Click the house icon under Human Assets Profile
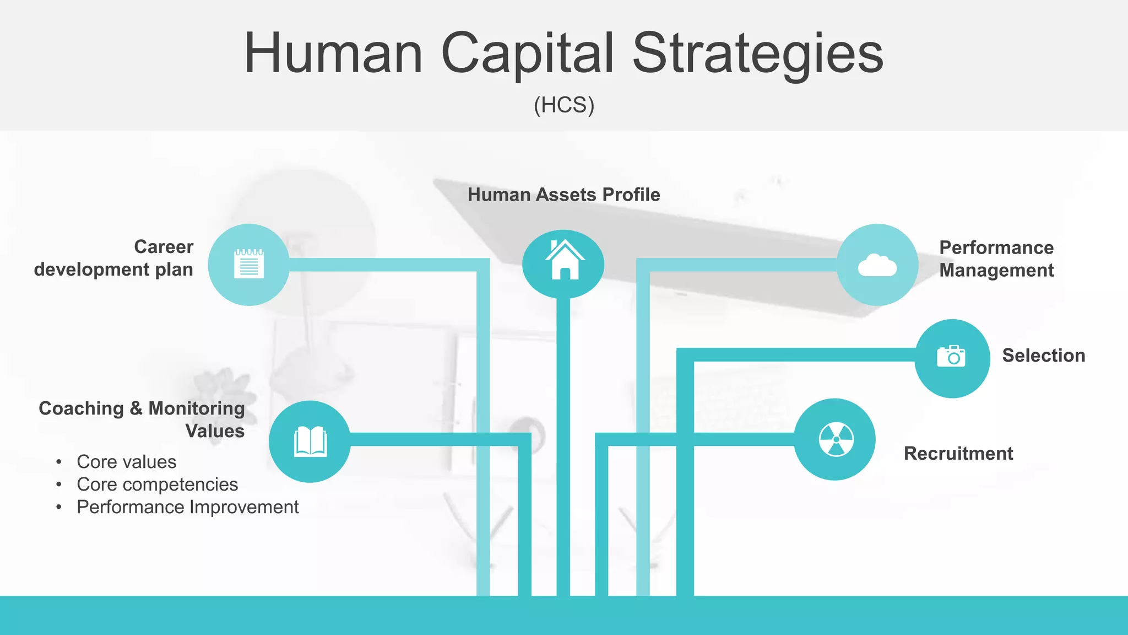coord(563,261)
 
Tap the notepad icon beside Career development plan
coord(249,263)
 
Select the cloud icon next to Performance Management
coord(877,265)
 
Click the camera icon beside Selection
coord(951,357)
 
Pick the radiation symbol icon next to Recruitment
coord(836,439)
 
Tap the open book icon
coord(310,442)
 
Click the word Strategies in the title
coord(757,53)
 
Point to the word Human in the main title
coord(334,53)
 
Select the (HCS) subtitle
coord(564,105)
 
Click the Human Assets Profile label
coord(563,195)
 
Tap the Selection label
coord(1043,356)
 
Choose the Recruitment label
coord(958,453)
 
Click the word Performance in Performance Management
coord(996,247)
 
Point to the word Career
coord(164,246)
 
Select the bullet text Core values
coord(126,462)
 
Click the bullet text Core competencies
coord(157,485)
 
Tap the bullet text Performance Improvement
coord(187,507)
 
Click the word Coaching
coord(81,408)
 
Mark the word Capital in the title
coord(527,53)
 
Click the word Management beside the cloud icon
coord(996,271)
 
